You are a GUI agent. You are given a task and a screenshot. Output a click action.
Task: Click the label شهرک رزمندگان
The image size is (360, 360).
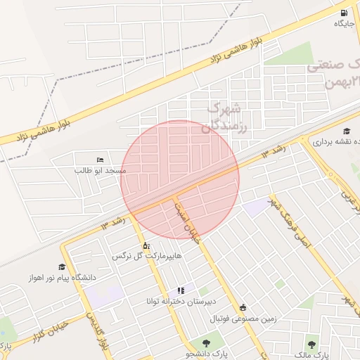[x=226, y=117]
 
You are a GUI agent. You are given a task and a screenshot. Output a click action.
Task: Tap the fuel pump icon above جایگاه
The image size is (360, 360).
[x=343, y=13]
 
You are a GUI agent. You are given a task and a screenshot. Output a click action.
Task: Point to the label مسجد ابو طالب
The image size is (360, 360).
[x=101, y=171]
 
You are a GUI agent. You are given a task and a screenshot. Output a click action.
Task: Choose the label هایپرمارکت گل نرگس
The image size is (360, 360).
[x=146, y=257]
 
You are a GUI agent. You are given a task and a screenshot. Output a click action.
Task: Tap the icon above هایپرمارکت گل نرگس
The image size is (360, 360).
[x=146, y=246]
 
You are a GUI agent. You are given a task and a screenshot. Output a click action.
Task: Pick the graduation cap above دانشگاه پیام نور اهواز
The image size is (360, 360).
[x=62, y=267]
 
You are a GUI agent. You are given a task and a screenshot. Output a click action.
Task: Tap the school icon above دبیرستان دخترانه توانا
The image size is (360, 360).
[x=181, y=290]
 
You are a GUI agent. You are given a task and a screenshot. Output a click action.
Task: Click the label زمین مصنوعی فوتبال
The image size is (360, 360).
[x=243, y=318]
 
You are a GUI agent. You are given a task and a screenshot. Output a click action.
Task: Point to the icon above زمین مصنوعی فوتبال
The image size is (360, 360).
[x=243, y=307]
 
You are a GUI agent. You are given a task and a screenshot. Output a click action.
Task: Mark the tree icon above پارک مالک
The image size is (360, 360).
[x=312, y=344]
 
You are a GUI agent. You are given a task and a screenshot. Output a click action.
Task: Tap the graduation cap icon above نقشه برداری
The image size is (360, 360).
[x=347, y=131]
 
